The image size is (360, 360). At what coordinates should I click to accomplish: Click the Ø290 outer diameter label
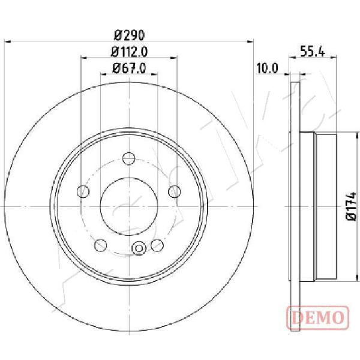tap(129, 35)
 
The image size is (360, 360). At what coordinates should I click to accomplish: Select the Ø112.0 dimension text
tap(129, 52)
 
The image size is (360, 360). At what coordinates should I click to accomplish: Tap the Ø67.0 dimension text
tap(129, 68)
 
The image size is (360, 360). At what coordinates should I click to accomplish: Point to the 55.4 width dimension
tap(313, 51)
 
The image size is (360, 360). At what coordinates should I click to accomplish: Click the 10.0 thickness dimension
tap(267, 68)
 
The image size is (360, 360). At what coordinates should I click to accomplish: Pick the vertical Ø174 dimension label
tap(351, 206)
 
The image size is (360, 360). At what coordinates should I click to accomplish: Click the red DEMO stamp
tap(318, 318)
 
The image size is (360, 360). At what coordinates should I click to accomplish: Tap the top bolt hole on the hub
tap(129, 158)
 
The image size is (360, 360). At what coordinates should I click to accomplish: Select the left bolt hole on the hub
tap(83, 191)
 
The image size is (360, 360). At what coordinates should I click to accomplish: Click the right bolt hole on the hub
tap(175, 191)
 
